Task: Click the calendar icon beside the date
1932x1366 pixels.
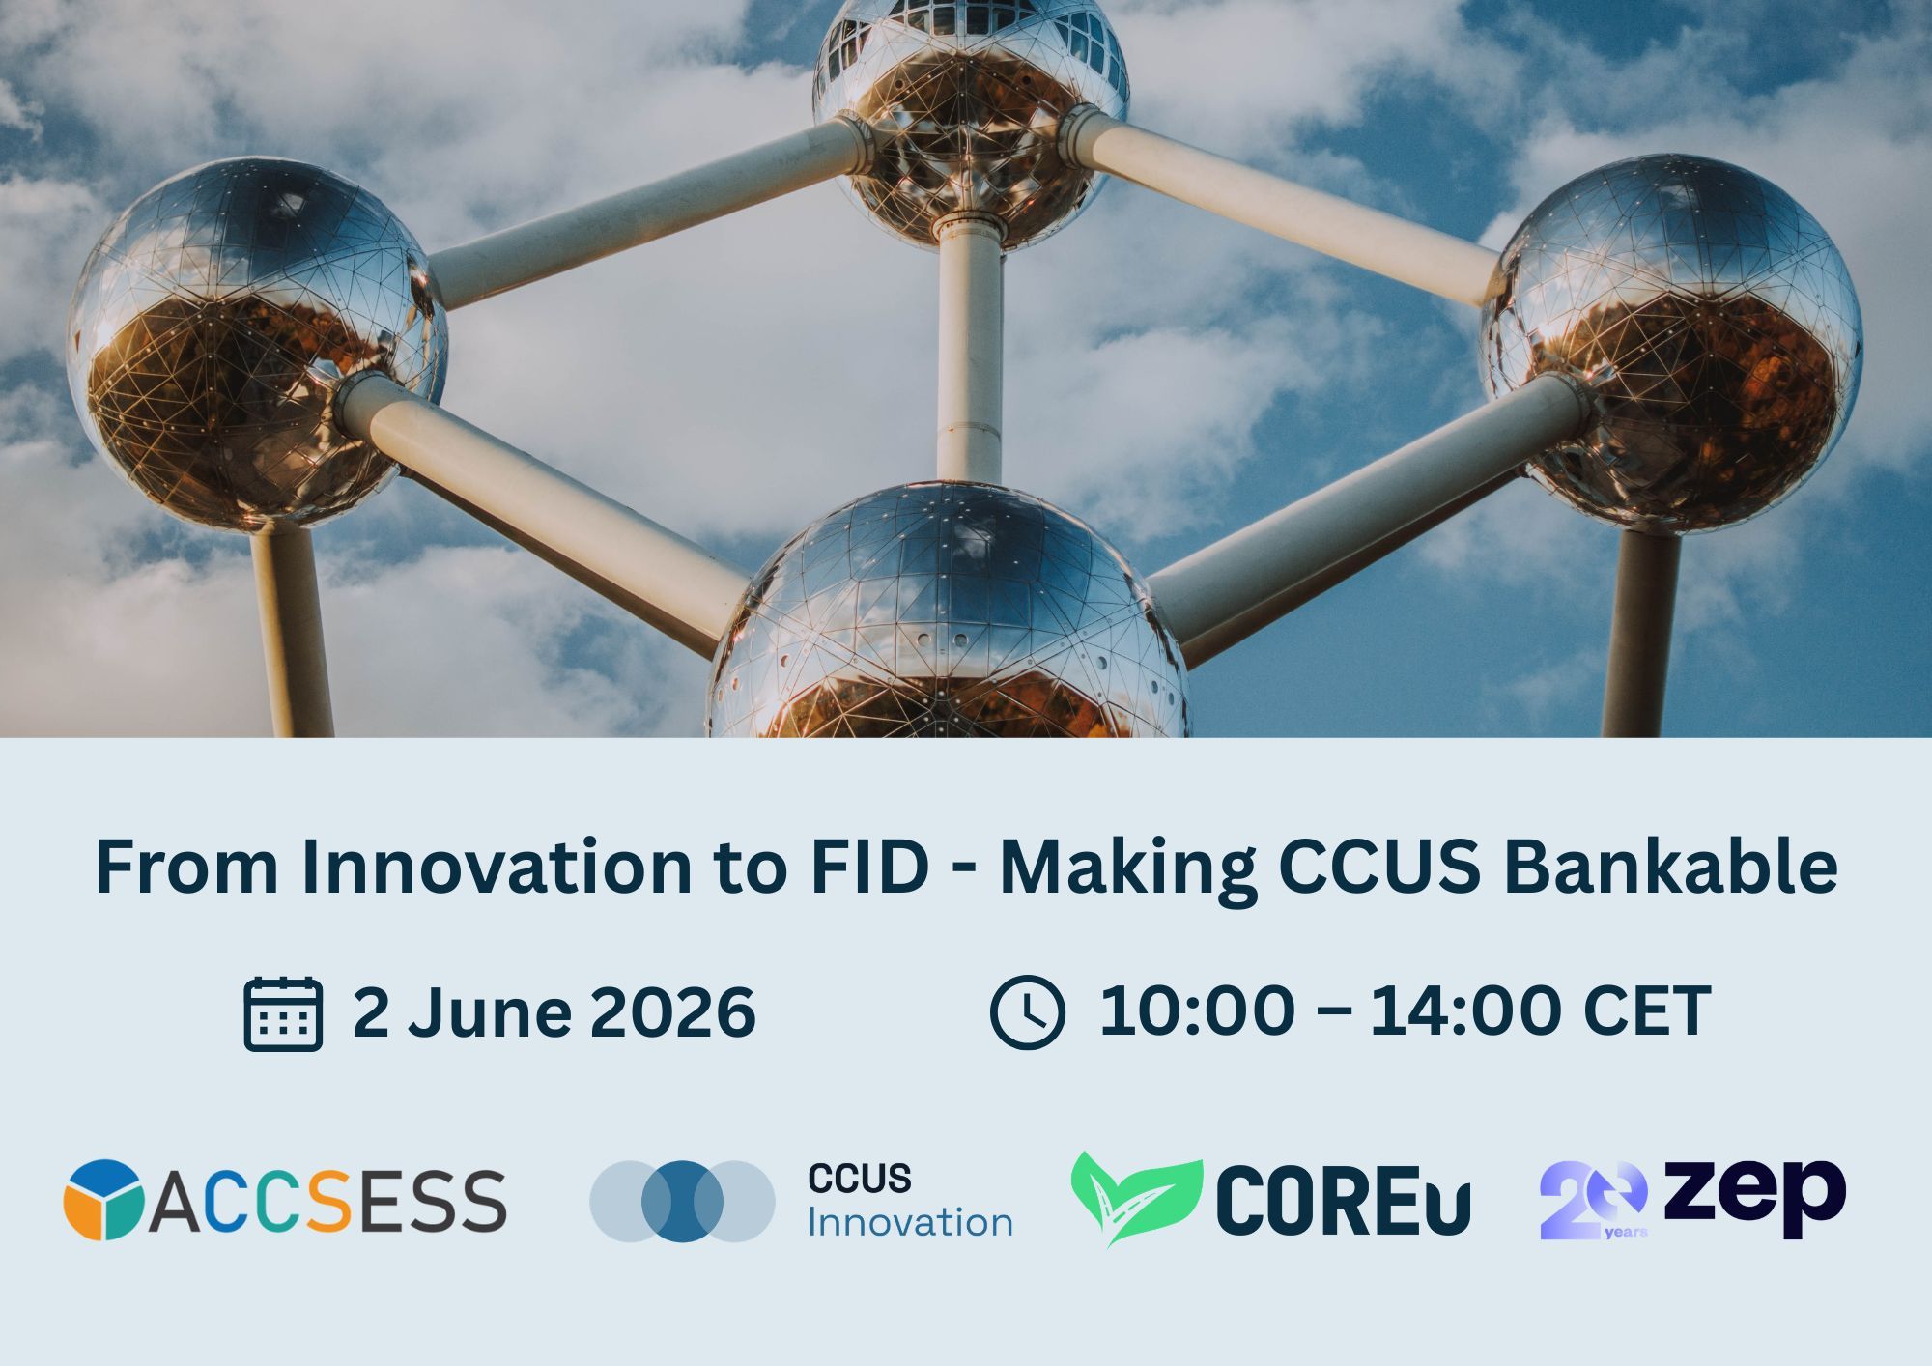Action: click(283, 1013)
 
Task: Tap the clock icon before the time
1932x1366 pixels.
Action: click(1028, 1011)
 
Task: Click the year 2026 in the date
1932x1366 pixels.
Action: click(672, 1012)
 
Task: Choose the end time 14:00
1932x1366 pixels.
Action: click(1466, 1011)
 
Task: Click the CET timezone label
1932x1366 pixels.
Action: click(1647, 1011)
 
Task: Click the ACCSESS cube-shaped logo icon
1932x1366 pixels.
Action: click(103, 1199)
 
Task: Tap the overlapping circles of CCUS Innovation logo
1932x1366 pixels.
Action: click(682, 1201)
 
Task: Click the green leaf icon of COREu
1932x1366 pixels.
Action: click(1136, 1196)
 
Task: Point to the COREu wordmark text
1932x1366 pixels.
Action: click(1343, 1201)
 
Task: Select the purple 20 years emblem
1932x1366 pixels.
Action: click(1593, 1200)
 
